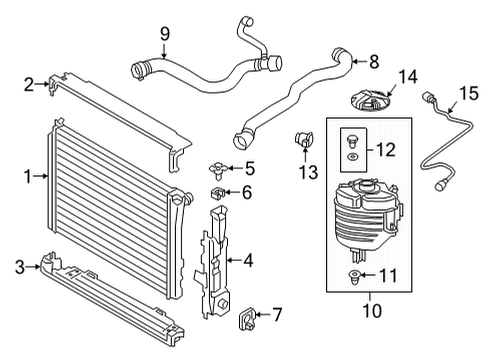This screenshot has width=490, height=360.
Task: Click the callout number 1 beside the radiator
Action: tap(28, 177)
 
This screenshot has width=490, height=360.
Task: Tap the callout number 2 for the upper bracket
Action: tap(28, 85)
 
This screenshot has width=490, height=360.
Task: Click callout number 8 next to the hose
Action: tap(373, 62)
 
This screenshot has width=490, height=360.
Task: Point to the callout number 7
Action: tap(277, 316)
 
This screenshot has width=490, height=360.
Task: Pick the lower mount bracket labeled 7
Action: tap(245, 317)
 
